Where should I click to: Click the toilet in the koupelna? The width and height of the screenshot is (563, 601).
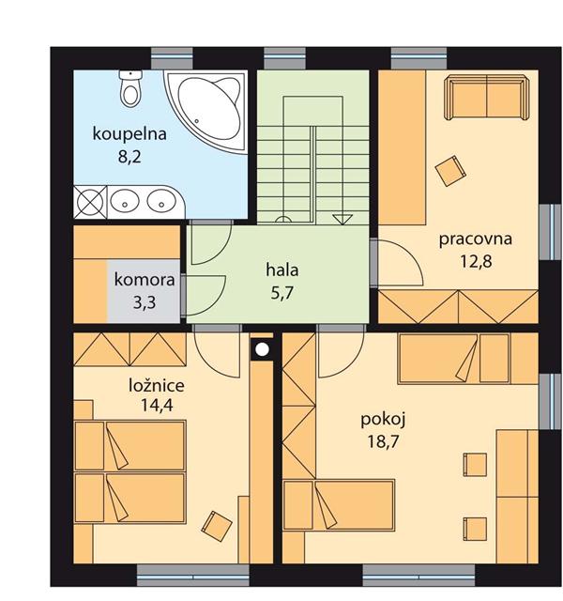[x=130, y=88]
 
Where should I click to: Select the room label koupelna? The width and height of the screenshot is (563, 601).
[x=129, y=134]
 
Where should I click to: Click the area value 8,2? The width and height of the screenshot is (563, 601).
[x=129, y=157]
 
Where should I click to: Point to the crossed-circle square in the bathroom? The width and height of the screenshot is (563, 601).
[x=90, y=202]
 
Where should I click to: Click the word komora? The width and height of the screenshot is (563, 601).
[x=145, y=280]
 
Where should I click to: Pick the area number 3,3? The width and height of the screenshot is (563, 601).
[x=145, y=302]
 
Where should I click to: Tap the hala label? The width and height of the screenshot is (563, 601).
[x=282, y=270]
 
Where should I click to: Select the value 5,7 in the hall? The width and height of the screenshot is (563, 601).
[x=282, y=293]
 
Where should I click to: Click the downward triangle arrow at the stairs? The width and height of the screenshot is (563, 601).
[x=342, y=219]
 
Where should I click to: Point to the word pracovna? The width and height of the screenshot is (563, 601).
[x=476, y=239]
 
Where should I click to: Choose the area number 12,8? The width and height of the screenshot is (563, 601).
[x=476, y=261]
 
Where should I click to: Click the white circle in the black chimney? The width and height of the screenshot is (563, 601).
[x=263, y=348]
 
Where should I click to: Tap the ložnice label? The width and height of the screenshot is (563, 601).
[x=157, y=385]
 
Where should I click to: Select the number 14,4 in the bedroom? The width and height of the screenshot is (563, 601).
[x=157, y=405]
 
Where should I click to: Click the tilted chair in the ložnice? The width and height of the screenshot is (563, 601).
[x=217, y=526]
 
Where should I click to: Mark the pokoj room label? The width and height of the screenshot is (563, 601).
[x=383, y=420]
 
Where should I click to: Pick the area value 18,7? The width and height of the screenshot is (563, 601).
[x=383, y=441]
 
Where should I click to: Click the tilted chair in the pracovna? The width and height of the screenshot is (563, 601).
[x=450, y=171]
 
